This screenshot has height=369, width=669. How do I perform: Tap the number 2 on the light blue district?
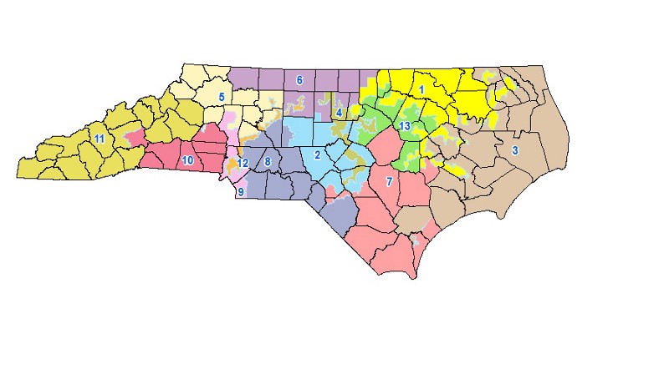[x=318, y=154]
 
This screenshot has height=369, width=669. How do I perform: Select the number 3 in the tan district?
[x=515, y=150]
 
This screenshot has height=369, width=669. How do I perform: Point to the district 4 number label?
[x=339, y=112]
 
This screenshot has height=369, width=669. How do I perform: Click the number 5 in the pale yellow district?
[x=222, y=97]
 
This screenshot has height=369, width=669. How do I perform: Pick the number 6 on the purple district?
[x=299, y=80]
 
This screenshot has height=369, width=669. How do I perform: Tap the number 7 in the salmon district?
[x=388, y=181]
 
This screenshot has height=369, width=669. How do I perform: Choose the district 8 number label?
[x=268, y=161]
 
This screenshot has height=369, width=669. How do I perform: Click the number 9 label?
[x=241, y=192]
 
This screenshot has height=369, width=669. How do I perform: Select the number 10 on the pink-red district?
[x=188, y=160]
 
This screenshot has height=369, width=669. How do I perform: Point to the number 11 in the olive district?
[x=99, y=139]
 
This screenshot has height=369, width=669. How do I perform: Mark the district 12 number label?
[x=243, y=163]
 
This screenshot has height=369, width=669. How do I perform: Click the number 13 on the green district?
[x=404, y=126]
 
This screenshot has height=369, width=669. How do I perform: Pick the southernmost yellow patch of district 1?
[x=456, y=170]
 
